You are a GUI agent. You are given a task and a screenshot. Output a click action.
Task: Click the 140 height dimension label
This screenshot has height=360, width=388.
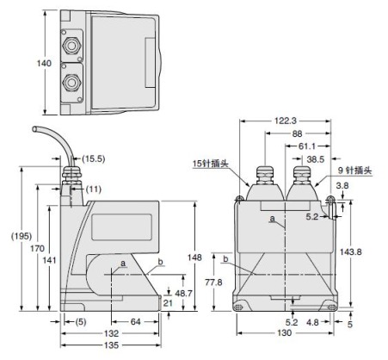coord(44,63)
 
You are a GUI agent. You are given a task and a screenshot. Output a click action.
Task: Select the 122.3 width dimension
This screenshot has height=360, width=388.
coord(286,121)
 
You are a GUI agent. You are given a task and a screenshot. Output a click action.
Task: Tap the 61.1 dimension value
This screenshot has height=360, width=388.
coord(307,146)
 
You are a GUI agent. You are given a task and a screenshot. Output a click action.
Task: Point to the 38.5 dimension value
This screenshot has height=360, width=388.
coord(316,159)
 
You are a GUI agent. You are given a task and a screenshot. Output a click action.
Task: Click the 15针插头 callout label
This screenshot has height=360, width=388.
coord(211,164)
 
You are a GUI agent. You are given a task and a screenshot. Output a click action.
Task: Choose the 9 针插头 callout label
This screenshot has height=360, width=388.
coord(354,171)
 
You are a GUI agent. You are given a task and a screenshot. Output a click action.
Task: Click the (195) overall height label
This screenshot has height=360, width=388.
coord(22,236)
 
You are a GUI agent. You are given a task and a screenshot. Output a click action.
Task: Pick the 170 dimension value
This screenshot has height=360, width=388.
coord(37,248)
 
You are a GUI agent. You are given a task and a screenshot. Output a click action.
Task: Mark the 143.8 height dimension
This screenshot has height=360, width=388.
coord(351,252)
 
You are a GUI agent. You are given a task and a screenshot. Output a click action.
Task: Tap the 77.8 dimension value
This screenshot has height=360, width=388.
coord(213,282)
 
